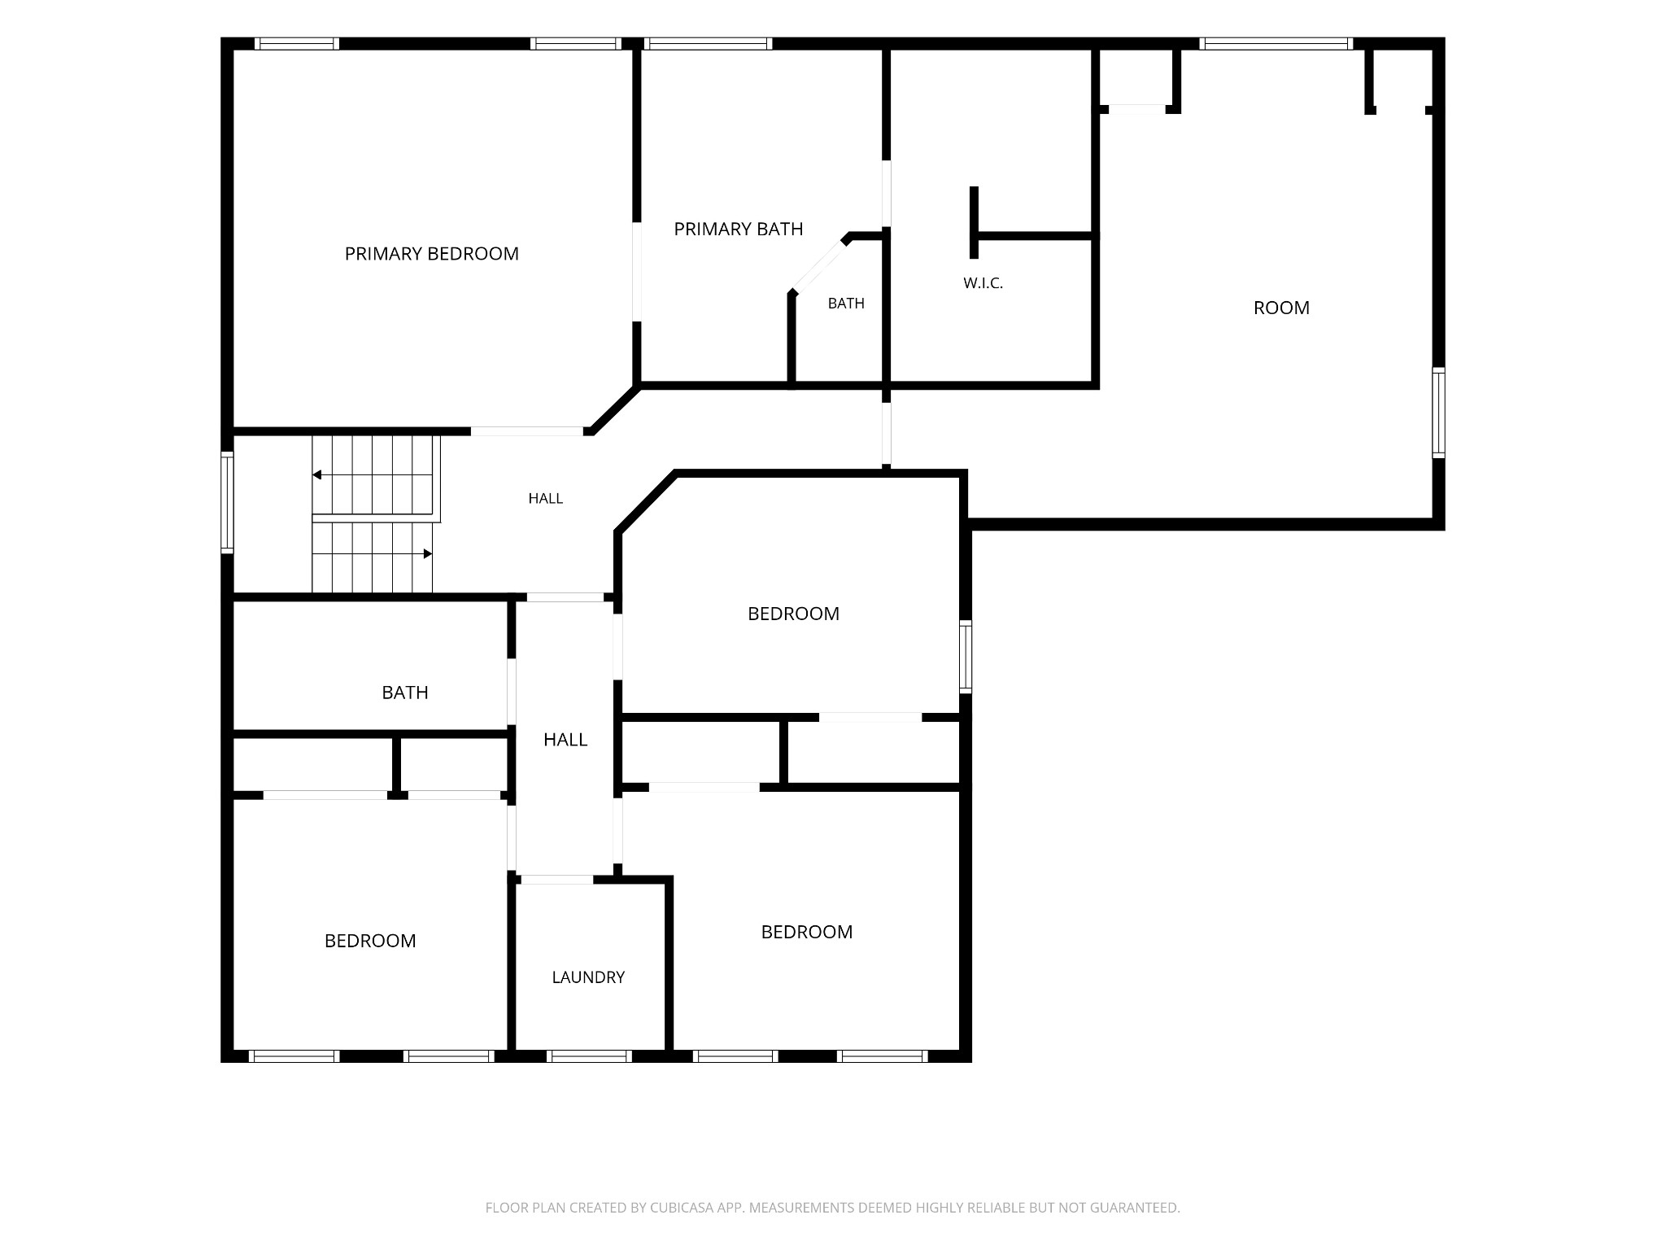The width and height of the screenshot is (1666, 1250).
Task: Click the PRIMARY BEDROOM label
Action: click(431, 254)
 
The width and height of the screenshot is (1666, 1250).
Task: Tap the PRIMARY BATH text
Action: click(739, 229)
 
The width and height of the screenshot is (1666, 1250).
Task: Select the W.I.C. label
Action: click(983, 283)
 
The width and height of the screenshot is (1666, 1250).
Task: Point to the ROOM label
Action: click(1281, 308)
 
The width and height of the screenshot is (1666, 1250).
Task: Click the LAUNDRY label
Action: click(588, 977)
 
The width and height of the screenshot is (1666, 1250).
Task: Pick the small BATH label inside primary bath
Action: click(846, 304)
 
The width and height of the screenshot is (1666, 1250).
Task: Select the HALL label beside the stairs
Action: click(545, 499)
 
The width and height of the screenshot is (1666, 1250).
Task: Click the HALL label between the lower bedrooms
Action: click(565, 740)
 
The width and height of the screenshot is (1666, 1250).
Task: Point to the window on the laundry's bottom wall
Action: click(590, 1056)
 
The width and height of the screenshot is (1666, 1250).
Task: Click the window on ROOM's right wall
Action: click(1438, 413)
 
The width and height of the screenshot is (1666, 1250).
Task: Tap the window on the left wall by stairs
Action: click(227, 503)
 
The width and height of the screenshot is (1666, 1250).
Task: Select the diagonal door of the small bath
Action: click(819, 265)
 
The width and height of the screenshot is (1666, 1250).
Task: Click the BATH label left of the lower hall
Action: click(405, 693)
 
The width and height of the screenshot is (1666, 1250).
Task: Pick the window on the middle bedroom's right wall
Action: click(966, 657)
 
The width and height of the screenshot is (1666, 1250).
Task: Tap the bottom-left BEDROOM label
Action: click(370, 941)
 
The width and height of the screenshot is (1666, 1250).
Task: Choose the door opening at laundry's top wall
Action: click(557, 880)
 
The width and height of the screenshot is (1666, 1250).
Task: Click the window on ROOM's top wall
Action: click(1276, 44)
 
